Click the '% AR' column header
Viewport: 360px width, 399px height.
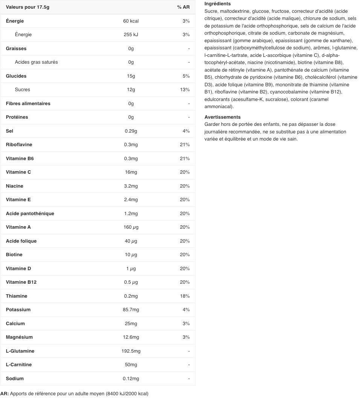coord(183,7)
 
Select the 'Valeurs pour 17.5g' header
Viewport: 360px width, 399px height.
coord(27,7)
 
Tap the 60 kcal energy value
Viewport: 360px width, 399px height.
coord(131,21)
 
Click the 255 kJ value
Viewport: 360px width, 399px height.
coord(131,35)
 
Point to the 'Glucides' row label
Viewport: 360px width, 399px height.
coord(16,76)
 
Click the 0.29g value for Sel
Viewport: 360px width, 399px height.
coord(131,131)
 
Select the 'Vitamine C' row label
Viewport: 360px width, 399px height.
coord(18,172)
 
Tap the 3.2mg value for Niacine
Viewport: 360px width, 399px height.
coord(131,186)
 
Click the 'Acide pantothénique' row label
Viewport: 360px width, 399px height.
coord(30,214)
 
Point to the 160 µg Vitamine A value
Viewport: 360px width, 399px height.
coord(131,227)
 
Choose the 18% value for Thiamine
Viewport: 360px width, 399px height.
coord(185,296)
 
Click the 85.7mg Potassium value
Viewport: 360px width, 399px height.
coord(131,310)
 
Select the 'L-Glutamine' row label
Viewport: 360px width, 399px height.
coord(20,351)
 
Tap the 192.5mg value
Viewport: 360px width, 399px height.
coord(131,351)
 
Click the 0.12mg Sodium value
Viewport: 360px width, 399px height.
coord(131,379)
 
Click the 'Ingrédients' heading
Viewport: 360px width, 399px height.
coord(217,4)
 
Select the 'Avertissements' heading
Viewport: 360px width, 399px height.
coord(222,117)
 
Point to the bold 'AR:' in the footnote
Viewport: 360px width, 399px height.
coord(5,394)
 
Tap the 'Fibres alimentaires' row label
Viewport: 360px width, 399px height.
coord(28,104)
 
